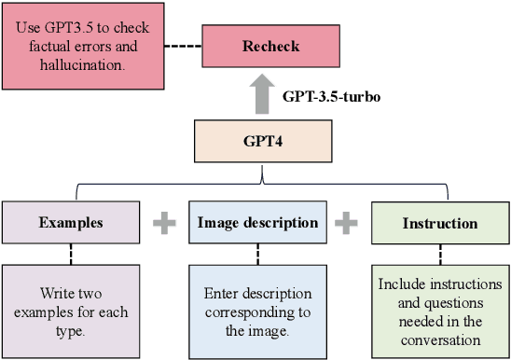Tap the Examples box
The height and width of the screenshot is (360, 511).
[71, 223]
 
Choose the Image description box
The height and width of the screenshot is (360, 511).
[257, 223]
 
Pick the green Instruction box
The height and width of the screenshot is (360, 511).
[440, 224]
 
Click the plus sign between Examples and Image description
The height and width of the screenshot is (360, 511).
[164, 223]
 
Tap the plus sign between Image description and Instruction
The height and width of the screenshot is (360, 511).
[347, 223]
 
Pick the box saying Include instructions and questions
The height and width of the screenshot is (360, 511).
[440, 307]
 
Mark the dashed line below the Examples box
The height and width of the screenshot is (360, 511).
[71, 254]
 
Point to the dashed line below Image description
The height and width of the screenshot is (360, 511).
[257, 254]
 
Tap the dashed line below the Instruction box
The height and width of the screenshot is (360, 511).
[440, 255]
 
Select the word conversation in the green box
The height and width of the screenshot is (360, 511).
[440, 340]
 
